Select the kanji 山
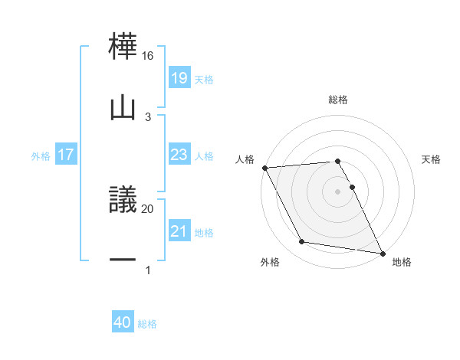[x=123, y=108]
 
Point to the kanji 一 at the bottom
[x=123, y=261]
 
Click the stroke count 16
[x=148, y=56]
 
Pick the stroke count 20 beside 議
[x=148, y=208]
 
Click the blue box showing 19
[x=179, y=78]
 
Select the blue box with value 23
[x=179, y=155]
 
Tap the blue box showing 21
[x=179, y=231]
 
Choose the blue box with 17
[x=66, y=155]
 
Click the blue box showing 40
[x=123, y=322]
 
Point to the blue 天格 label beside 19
[x=204, y=79]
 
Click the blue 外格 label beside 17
[x=41, y=155]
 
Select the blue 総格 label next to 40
[x=147, y=324]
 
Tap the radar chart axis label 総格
[x=338, y=100]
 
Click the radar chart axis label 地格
[x=402, y=263]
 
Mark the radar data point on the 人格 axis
[x=264, y=168]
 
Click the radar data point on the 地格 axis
[x=383, y=253]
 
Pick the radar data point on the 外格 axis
[x=301, y=243]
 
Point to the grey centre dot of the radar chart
[x=338, y=191]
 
